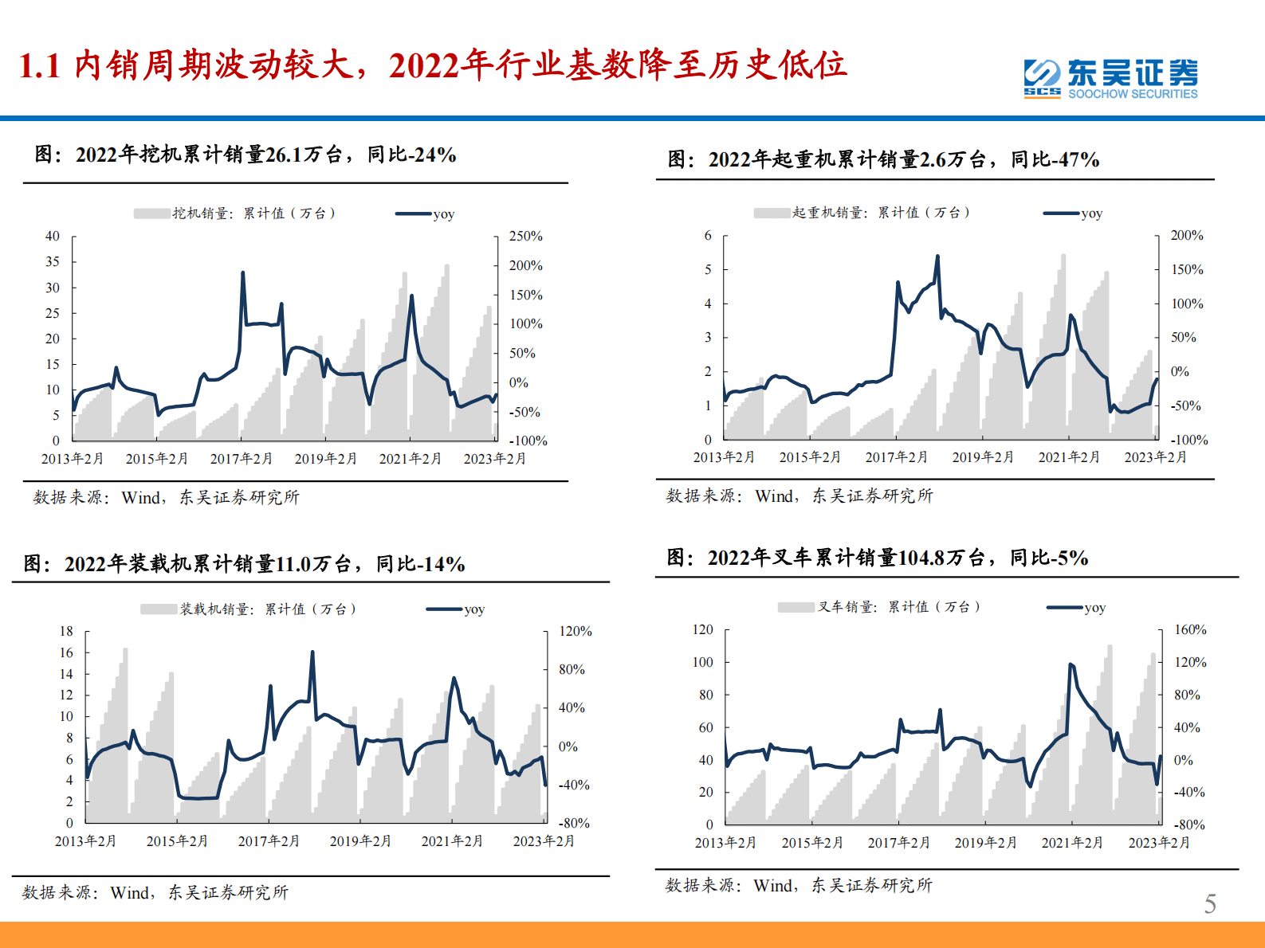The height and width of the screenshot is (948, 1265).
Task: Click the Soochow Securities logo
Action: click(1110, 78)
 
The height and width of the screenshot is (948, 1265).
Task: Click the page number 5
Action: click(1209, 903)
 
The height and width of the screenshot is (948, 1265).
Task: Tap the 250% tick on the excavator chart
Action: click(525, 237)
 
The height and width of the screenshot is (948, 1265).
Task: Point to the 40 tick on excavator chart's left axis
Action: click(53, 236)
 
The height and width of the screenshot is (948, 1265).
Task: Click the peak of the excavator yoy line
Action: click(242, 273)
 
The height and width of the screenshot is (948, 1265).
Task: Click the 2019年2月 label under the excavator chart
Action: click(325, 459)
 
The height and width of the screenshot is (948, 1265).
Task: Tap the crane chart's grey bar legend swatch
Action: click(772, 213)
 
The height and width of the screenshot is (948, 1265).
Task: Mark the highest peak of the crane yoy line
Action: click(937, 257)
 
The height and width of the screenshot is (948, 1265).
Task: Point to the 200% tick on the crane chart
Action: click(1186, 235)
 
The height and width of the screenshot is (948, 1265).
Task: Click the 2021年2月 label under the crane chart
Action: click(1068, 457)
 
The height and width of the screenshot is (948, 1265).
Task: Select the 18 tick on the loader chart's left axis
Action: click(66, 631)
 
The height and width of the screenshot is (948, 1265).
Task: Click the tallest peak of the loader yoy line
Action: click(312, 652)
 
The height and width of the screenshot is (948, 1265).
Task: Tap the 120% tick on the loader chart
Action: click(575, 631)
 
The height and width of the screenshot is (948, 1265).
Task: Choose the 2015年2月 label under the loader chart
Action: click(177, 841)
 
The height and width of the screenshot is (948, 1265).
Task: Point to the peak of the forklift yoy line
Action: click(1070, 664)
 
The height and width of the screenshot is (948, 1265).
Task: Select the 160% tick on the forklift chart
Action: click(1189, 629)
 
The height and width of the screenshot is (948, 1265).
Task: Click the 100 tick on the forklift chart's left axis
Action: click(702, 662)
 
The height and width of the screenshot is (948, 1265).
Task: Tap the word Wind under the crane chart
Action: click(774, 496)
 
